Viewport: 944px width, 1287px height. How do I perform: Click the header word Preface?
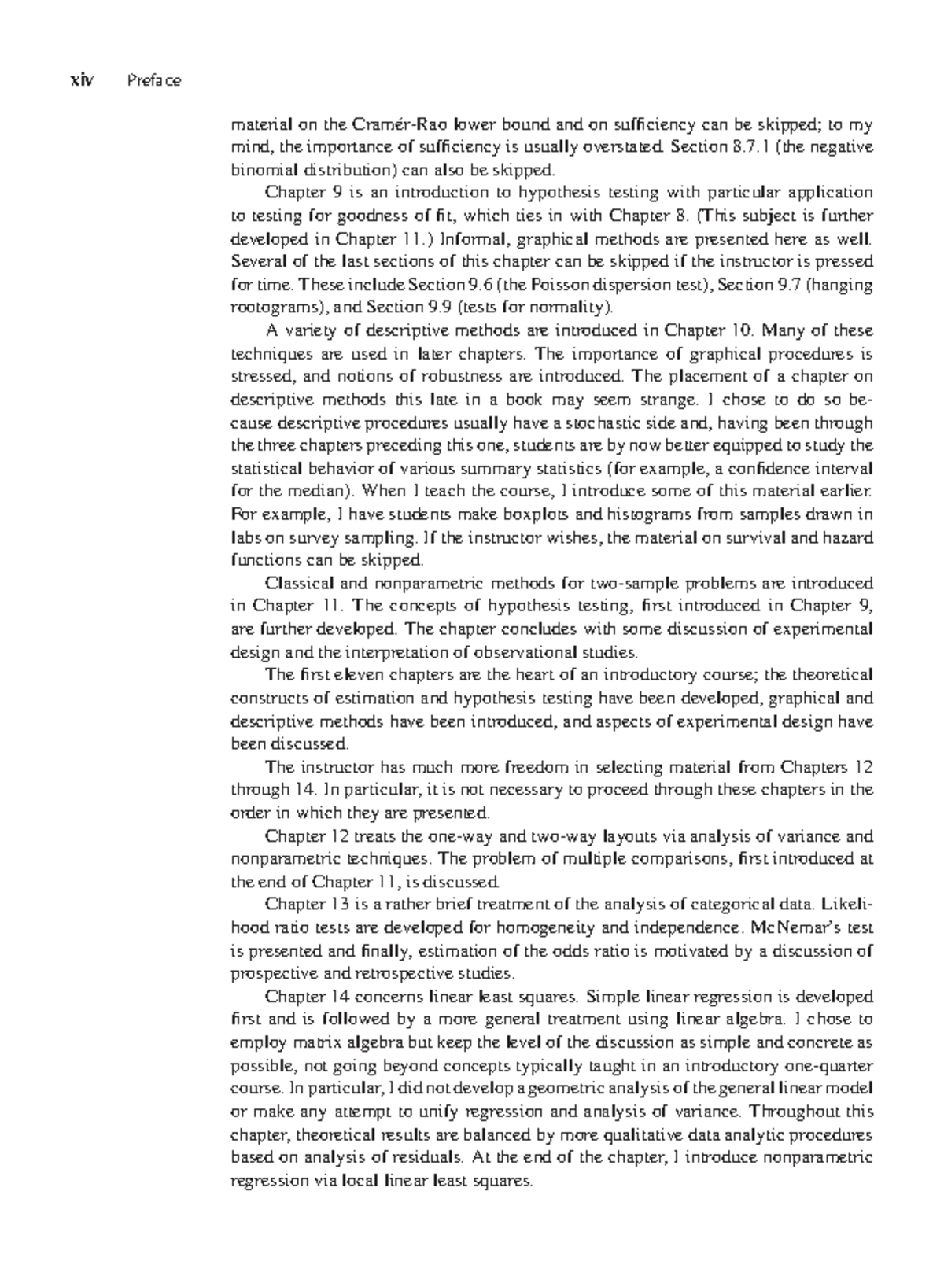(x=153, y=80)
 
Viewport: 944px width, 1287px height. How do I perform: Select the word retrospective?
(x=388, y=974)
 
